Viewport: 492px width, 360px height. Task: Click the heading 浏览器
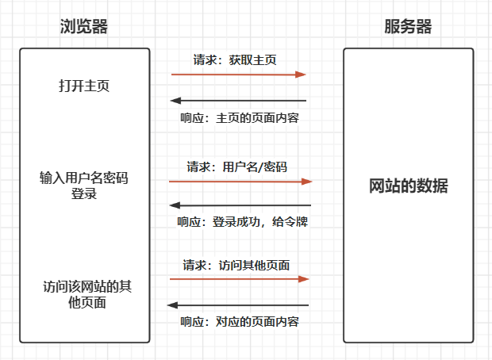tap(84, 27)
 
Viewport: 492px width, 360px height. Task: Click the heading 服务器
tap(408, 27)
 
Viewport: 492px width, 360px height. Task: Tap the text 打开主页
tap(84, 86)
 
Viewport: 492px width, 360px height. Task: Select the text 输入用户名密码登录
tap(84, 186)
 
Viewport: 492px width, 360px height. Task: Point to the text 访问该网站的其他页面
tap(84, 294)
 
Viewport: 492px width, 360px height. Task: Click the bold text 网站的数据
tap(409, 187)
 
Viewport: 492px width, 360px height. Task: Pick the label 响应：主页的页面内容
tap(239, 118)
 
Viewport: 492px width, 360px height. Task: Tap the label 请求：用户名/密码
tap(237, 167)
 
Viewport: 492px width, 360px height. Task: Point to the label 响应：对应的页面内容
tap(239, 322)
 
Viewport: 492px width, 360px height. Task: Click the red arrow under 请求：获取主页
tap(238, 75)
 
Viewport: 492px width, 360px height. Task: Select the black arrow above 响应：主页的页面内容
tap(238, 101)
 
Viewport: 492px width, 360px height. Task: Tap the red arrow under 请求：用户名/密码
tap(240, 181)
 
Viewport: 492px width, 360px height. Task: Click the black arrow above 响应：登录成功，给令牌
tap(240, 205)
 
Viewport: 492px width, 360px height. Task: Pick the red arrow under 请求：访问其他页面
tap(238, 279)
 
